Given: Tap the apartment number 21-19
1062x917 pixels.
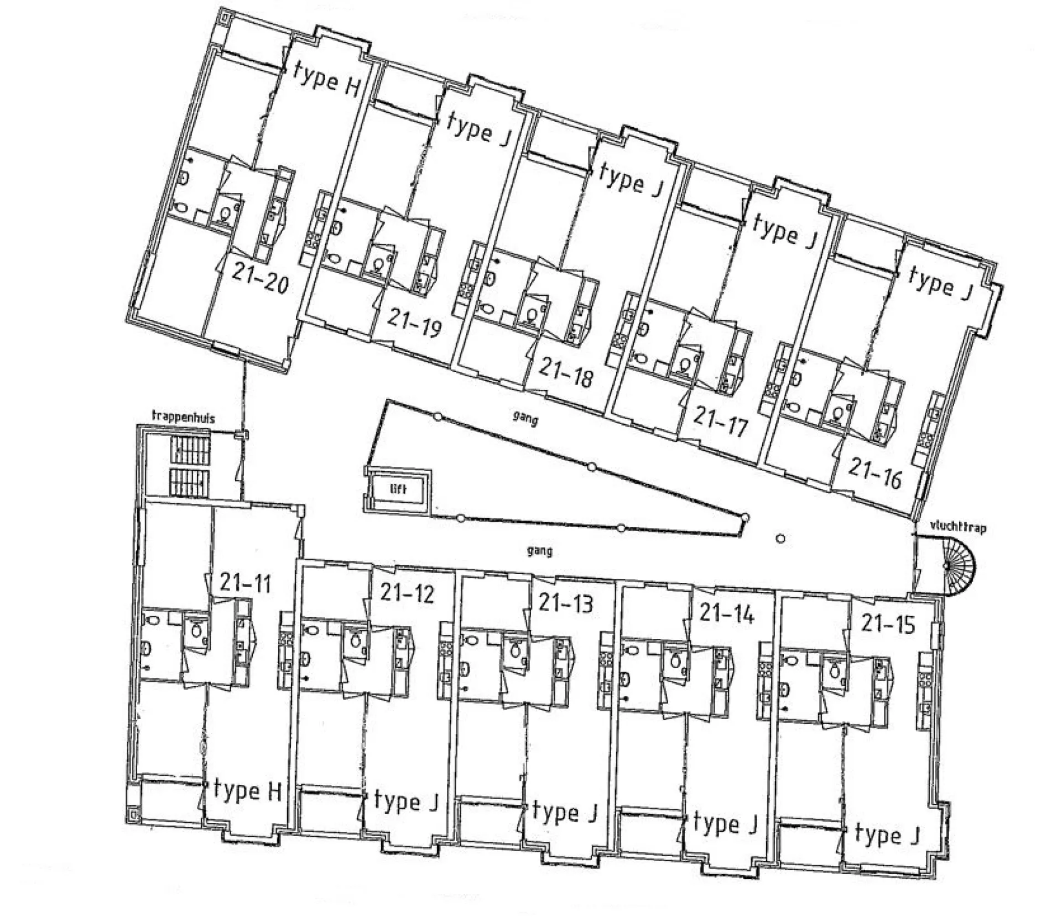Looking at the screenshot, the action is click(x=414, y=322).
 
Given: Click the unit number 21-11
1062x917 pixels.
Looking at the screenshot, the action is click(x=246, y=582).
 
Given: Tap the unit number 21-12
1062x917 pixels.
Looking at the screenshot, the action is click(x=407, y=593).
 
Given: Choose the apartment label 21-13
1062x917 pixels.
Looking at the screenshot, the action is click(x=566, y=603).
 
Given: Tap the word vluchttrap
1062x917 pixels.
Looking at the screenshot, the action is click(x=957, y=528).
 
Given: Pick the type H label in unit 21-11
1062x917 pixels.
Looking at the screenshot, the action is click(x=248, y=791).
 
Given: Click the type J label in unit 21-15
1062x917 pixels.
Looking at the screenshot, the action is click(x=887, y=835).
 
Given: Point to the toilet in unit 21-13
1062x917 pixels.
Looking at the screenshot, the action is click(x=516, y=649).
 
